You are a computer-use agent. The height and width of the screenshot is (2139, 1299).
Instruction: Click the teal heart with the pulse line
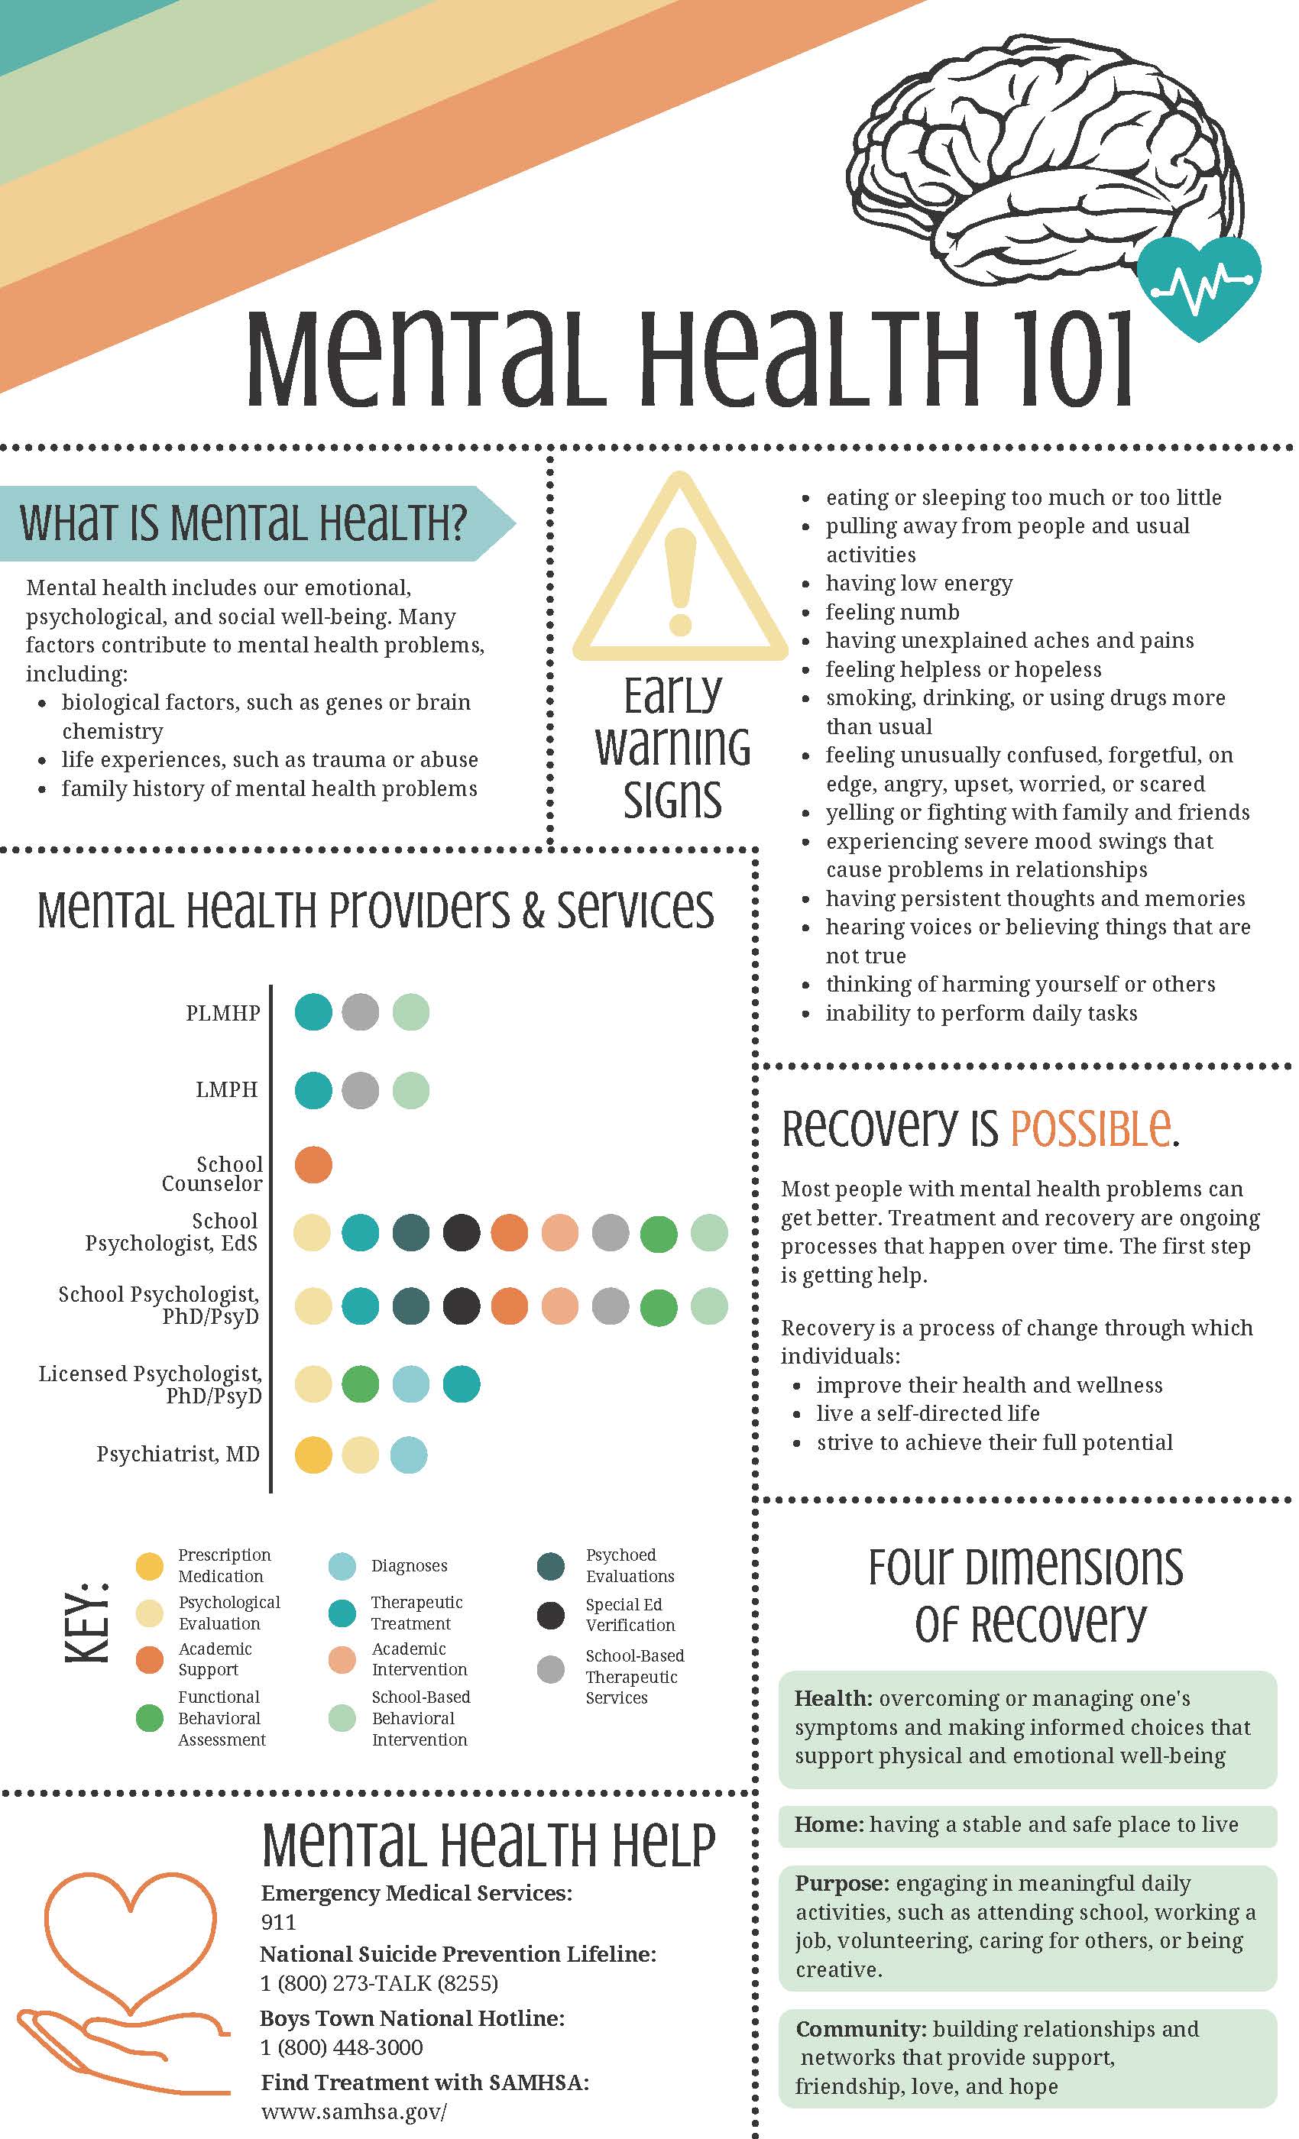[1198, 286]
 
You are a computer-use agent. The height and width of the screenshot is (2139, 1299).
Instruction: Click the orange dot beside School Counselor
[313, 1164]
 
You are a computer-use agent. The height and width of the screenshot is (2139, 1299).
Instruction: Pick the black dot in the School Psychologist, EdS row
[461, 1233]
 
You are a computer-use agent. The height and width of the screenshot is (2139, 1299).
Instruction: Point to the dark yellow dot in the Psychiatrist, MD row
[313, 1455]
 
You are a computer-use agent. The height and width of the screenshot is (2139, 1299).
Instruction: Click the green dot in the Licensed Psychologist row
[361, 1383]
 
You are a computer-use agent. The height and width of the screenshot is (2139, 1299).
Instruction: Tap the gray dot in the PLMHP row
[361, 1012]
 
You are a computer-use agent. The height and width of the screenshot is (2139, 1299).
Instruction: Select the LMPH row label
[227, 1089]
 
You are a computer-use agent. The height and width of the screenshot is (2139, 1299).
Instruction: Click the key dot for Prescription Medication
[149, 1566]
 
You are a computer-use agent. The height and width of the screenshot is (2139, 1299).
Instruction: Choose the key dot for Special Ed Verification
[550, 1615]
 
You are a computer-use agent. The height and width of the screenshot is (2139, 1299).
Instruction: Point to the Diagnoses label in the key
[409, 1566]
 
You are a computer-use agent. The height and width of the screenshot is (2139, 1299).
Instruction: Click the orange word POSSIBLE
[1090, 1128]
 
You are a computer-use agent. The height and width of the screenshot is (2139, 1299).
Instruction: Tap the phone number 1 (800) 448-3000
[342, 2048]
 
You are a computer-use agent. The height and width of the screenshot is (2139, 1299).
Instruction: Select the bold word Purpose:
[841, 1883]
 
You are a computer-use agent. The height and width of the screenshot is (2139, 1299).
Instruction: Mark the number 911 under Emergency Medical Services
[278, 1922]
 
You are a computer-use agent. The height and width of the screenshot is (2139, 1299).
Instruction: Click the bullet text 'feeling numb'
[892, 612]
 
